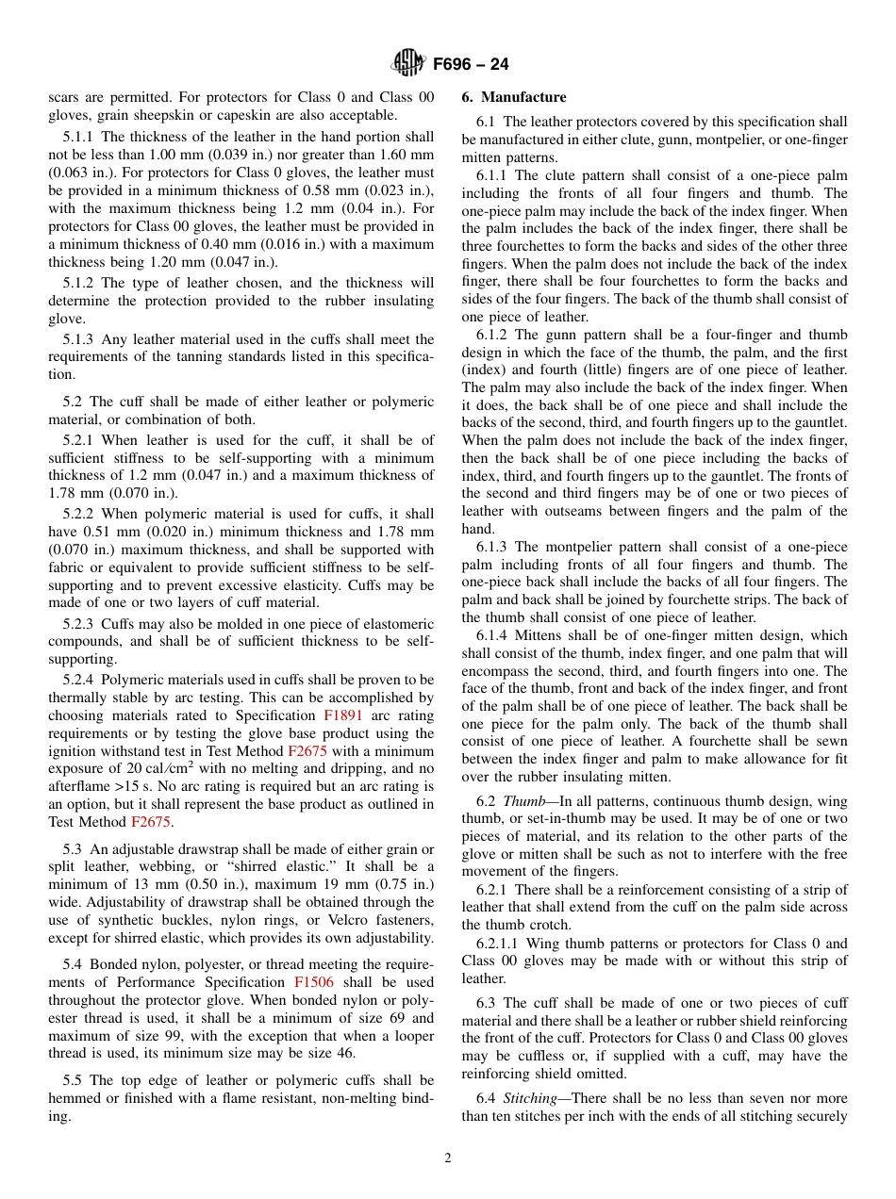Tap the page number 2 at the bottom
(448, 1158)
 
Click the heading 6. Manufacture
(514, 97)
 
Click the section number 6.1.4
(492, 636)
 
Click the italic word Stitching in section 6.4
(530, 1098)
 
